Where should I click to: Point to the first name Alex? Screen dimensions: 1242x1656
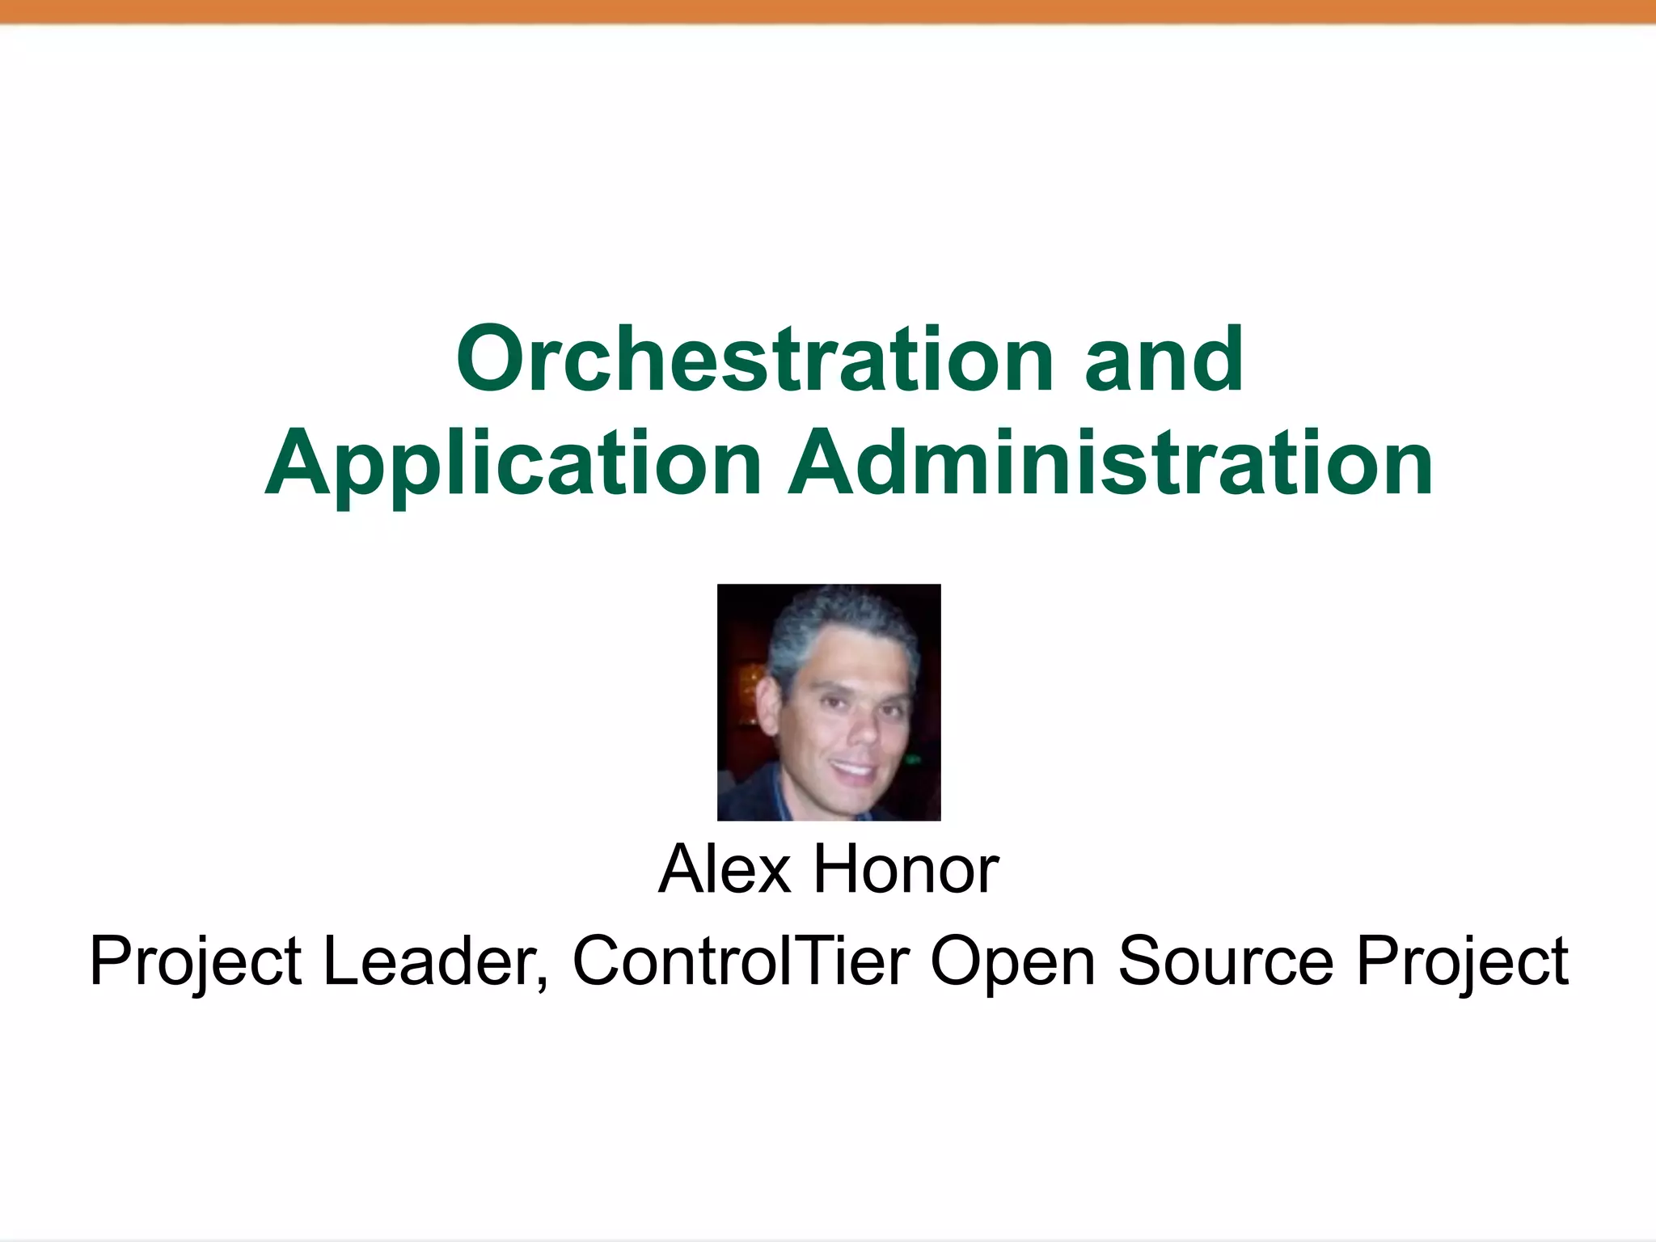click(724, 869)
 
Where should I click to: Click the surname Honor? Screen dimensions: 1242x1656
click(906, 869)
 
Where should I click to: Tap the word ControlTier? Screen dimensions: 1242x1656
click(741, 961)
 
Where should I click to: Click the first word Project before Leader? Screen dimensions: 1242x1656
click(195, 962)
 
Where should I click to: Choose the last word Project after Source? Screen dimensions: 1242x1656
click(1462, 962)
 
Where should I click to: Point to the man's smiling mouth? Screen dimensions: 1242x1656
click(854, 768)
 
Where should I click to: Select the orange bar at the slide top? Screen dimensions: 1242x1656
click(828, 11)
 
